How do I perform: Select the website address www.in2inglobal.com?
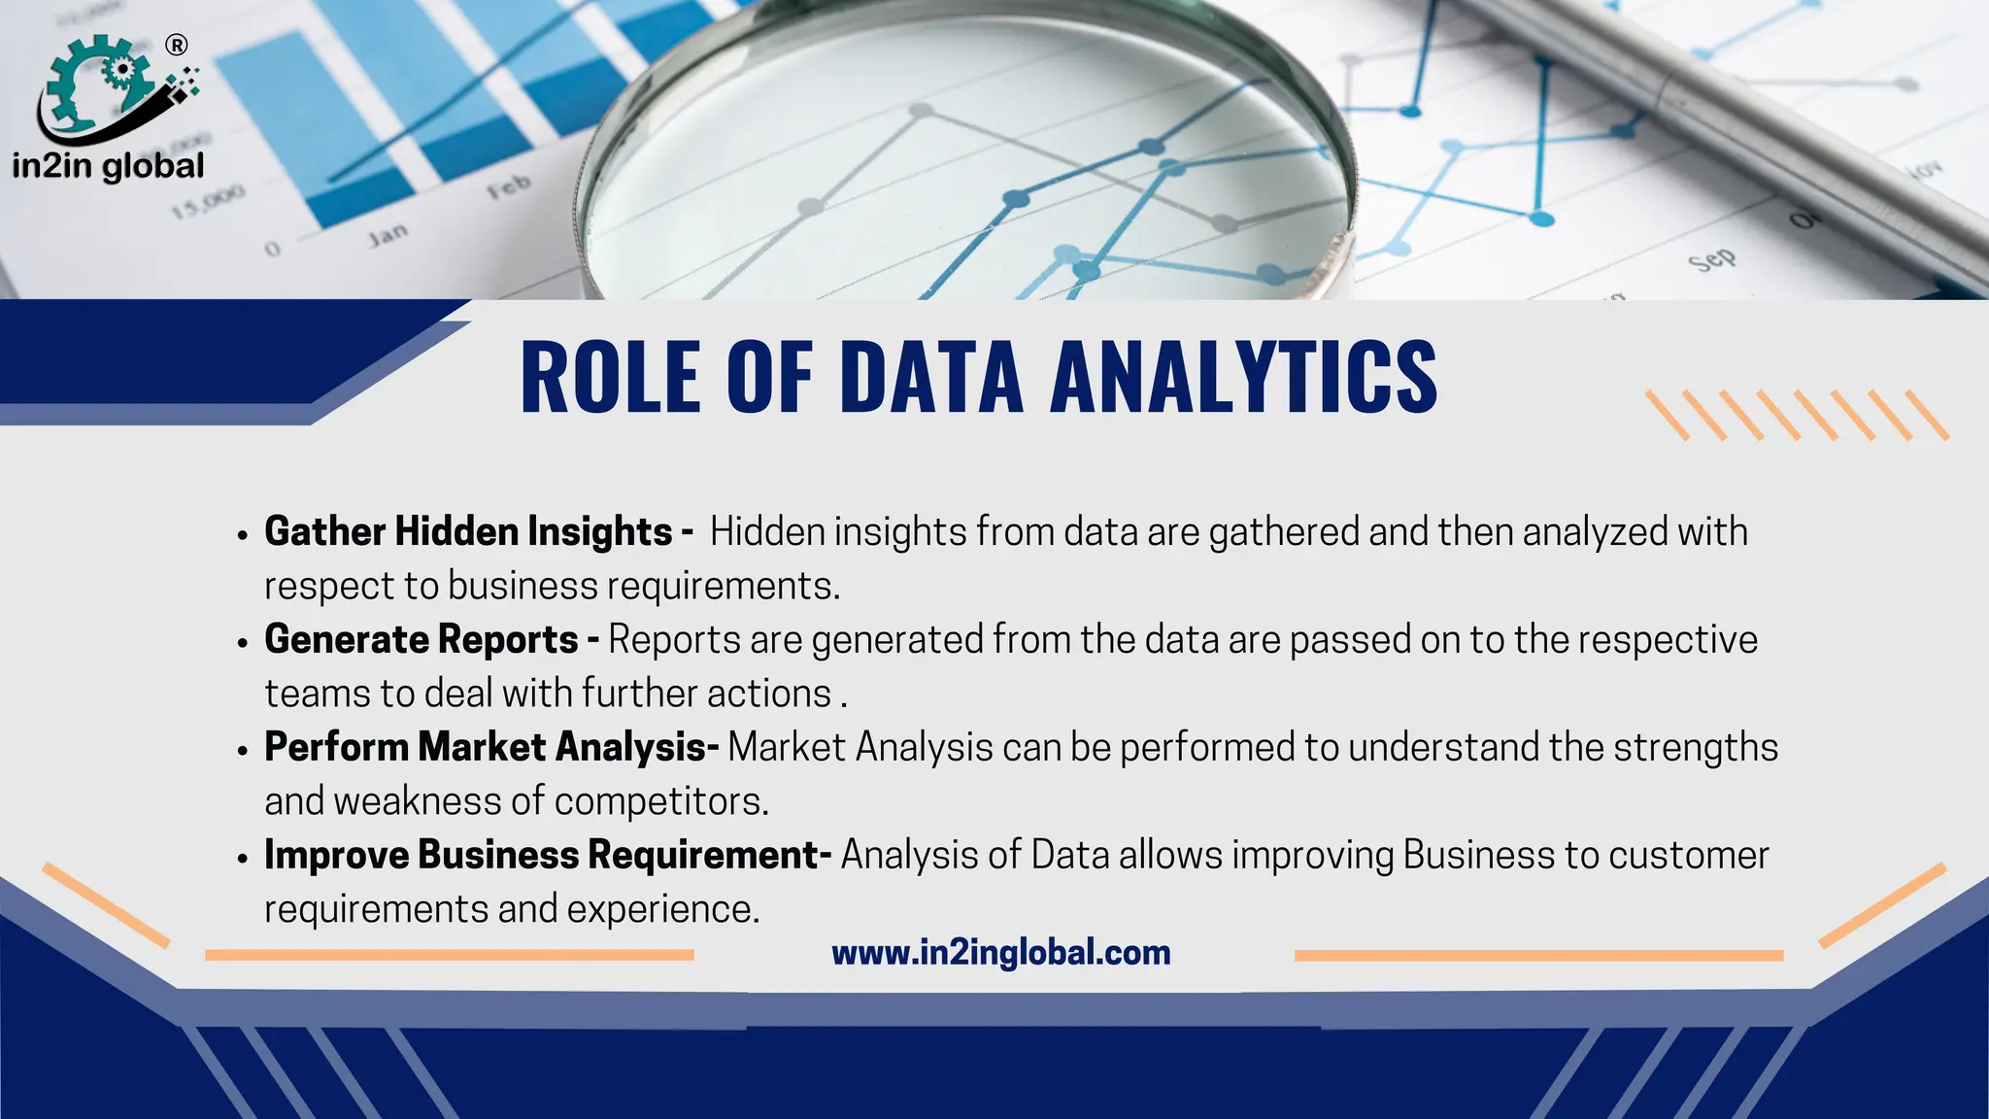pos(1001,953)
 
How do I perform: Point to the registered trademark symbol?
pos(177,45)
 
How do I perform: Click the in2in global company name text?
pos(108,166)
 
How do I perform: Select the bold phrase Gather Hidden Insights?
pos(468,532)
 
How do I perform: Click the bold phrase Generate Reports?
pos(421,640)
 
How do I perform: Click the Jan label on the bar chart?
pos(388,235)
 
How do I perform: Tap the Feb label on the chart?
pos(509,186)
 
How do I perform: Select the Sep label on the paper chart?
pos(1711,259)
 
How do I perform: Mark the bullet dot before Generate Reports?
pos(243,643)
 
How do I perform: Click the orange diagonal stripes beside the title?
pos(1796,416)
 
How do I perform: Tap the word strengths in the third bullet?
pos(1696,748)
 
